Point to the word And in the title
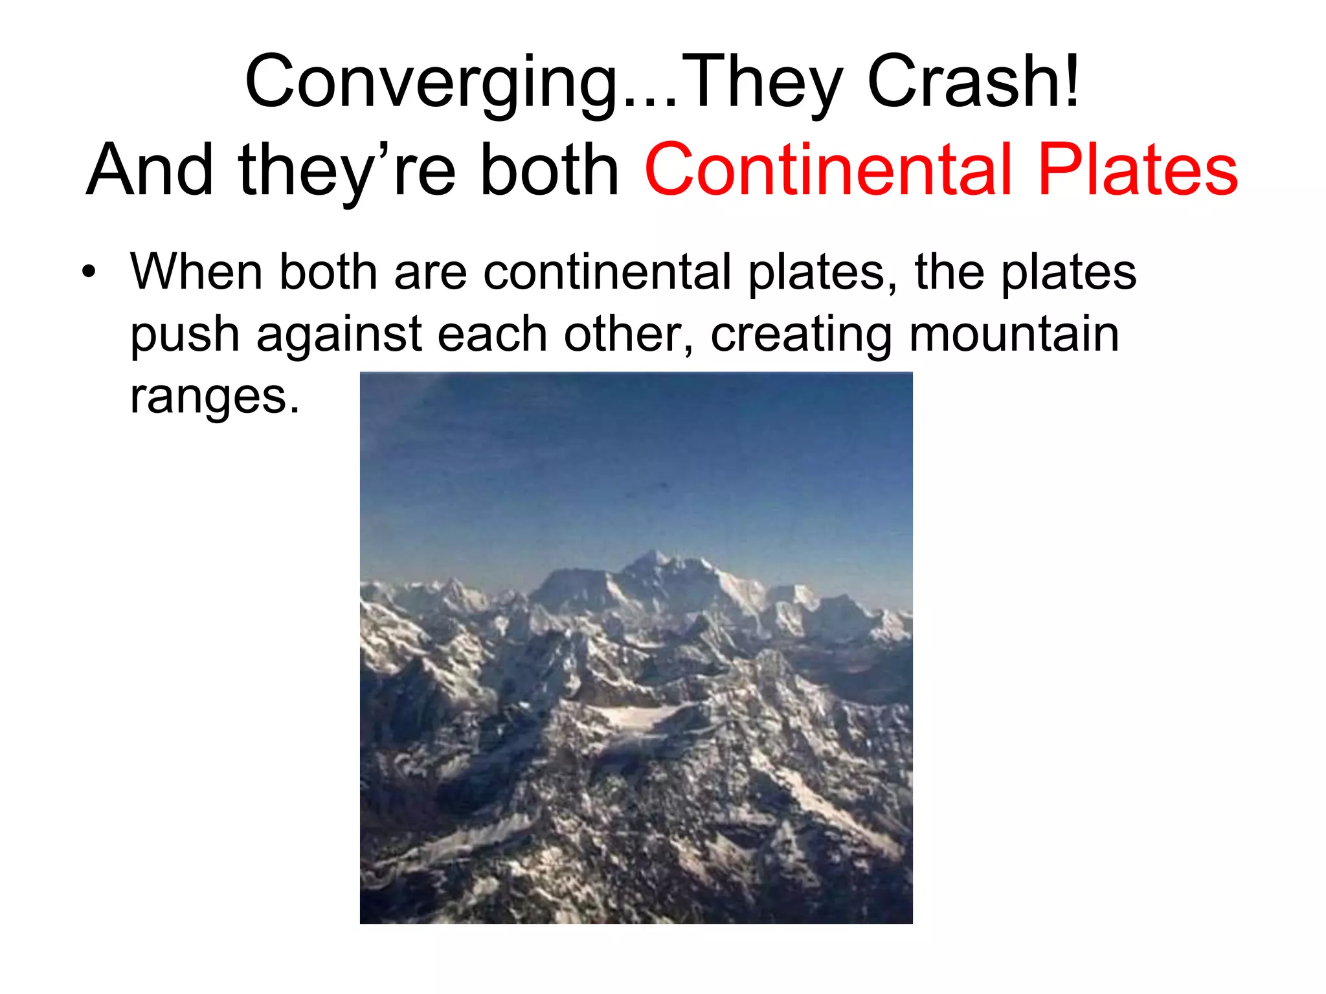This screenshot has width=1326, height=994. coord(150,170)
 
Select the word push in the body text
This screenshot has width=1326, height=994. coord(185,335)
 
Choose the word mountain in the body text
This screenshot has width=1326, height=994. coord(1014,334)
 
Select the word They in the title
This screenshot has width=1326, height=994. coord(761,83)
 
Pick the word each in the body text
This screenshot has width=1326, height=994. coord(492,334)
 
